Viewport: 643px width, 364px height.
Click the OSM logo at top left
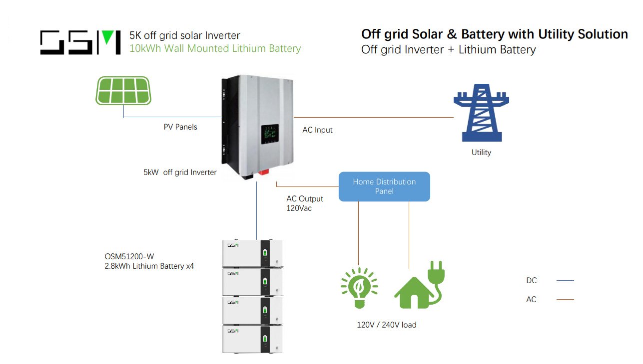80,42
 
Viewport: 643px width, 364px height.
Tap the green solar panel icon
123,91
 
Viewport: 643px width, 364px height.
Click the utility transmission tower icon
481,113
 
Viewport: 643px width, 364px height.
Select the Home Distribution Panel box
384,186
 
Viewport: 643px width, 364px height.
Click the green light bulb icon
359,288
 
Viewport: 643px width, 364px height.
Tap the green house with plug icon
419,287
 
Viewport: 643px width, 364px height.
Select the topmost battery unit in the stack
252,253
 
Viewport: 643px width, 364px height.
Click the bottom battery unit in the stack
252,339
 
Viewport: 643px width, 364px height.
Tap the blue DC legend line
565,281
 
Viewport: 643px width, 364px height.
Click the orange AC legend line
565,300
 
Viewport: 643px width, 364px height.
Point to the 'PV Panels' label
180,127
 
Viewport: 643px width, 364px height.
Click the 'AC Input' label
317,130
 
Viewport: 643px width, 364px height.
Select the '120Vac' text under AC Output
299,208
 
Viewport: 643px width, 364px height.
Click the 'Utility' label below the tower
481,153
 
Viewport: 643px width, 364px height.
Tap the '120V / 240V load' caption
386,325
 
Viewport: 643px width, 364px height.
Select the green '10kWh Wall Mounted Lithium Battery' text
215,49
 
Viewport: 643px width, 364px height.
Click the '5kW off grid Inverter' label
180,173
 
